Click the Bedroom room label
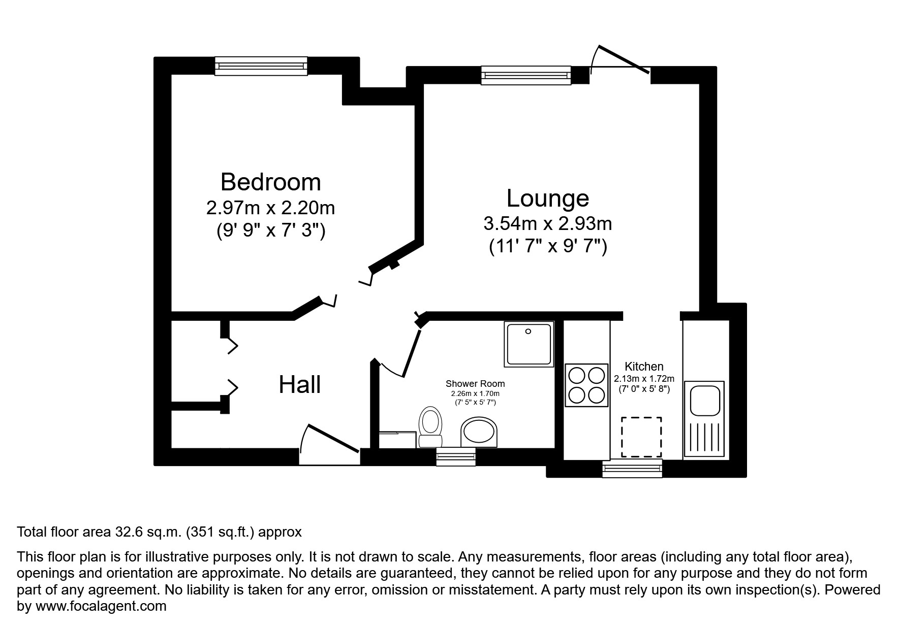(x=270, y=182)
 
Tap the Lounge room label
(x=547, y=198)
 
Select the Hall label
(x=299, y=384)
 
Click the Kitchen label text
(x=644, y=366)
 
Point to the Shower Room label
(x=475, y=384)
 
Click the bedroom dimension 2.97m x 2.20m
(x=270, y=208)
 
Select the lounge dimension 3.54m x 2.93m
(x=547, y=223)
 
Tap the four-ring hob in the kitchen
(x=586, y=385)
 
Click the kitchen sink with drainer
(x=704, y=418)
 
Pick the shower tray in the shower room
(x=529, y=344)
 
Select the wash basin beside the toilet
(x=479, y=433)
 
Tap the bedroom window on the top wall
(x=261, y=66)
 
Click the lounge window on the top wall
(x=526, y=75)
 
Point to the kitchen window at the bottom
(x=632, y=468)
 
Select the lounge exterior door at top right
(x=623, y=63)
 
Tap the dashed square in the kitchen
(x=642, y=437)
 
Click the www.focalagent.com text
(x=101, y=606)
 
